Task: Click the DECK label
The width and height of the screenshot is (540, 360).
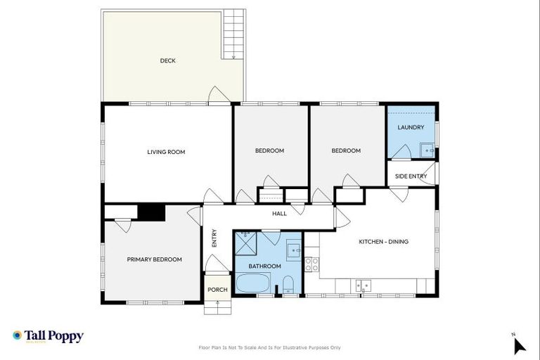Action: pyautogui.click(x=167, y=60)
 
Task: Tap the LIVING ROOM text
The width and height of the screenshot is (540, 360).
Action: pyautogui.click(x=166, y=152)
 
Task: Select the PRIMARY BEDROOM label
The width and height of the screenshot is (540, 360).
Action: pyautogui.click(x=154, y=259)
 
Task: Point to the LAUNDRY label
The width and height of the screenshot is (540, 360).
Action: pyautogui.click(x=411, y=127)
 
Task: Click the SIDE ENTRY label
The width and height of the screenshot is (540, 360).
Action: pyautogui.click(x=411, y=176)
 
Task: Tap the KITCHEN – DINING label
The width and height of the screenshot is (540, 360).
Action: pyautogui.click(x=383, y=242)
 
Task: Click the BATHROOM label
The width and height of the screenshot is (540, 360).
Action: pyautogui.click(x=264, y=266)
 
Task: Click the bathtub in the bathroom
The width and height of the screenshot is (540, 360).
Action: pyautogui.click(x=252, y=283)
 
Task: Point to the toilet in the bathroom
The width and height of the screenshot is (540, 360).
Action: pyautogui.click(x=288, y=285)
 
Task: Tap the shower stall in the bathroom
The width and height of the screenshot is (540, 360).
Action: pyautogui.click(x=246, y=243)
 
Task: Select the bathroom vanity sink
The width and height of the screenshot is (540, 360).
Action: pyautogui.click(x=293, y=250)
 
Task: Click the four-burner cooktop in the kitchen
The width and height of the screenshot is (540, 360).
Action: pyautogui.click(x=311, y=264)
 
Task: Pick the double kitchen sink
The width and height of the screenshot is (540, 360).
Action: pyautogui.click(x=363, y=285)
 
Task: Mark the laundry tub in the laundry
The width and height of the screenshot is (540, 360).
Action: pyautogui.click(x=427, y=150)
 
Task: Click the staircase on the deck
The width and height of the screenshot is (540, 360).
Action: pyautogui.click(x=233, y=34)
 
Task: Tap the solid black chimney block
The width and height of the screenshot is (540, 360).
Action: pyautogui.click(x=150, y=212)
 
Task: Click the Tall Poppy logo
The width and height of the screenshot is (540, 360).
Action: pyautogui.click(x=48, y=336)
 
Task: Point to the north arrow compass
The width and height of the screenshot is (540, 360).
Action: pyautogui.click(x=519, y=345)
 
